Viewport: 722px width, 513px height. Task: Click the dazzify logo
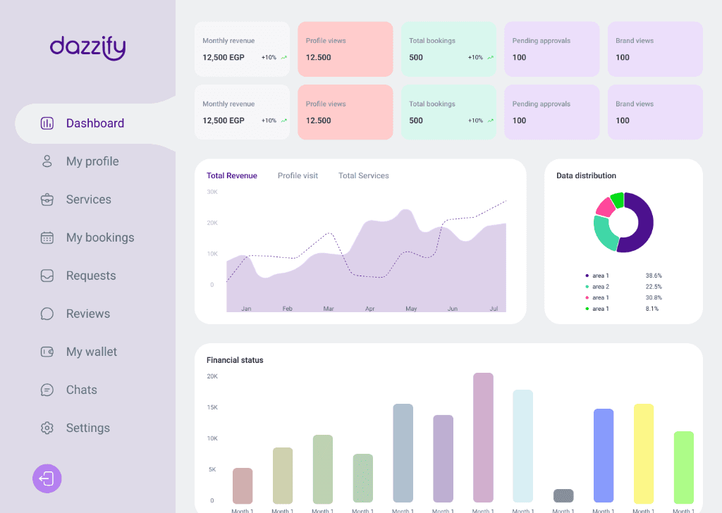pos(87,47)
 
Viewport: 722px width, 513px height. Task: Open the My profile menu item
pos(92,161)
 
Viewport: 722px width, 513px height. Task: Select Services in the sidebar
pos(88,199)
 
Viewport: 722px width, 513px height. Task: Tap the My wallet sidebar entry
pos(92,352)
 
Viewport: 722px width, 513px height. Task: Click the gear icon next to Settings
pos(47,428)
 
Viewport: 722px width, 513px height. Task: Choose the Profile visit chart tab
pos(298,175)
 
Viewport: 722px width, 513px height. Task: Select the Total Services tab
pos(363,175)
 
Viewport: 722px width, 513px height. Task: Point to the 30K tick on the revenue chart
pos(212,192)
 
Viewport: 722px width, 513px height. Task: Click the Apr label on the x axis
pos(369,309)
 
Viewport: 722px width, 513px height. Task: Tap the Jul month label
pos(494,309)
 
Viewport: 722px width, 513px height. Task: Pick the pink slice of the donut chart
pos(604,207)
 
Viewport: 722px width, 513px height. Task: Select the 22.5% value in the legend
pos(653,287)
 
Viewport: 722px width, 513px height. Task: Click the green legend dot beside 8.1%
pos(587,309)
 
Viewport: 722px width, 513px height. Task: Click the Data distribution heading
pos(586,175)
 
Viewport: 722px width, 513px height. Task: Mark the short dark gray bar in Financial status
pos(563,495)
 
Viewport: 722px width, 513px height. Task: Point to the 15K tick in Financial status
pos(212,407)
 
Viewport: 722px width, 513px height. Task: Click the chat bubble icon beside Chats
pos(47,390)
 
